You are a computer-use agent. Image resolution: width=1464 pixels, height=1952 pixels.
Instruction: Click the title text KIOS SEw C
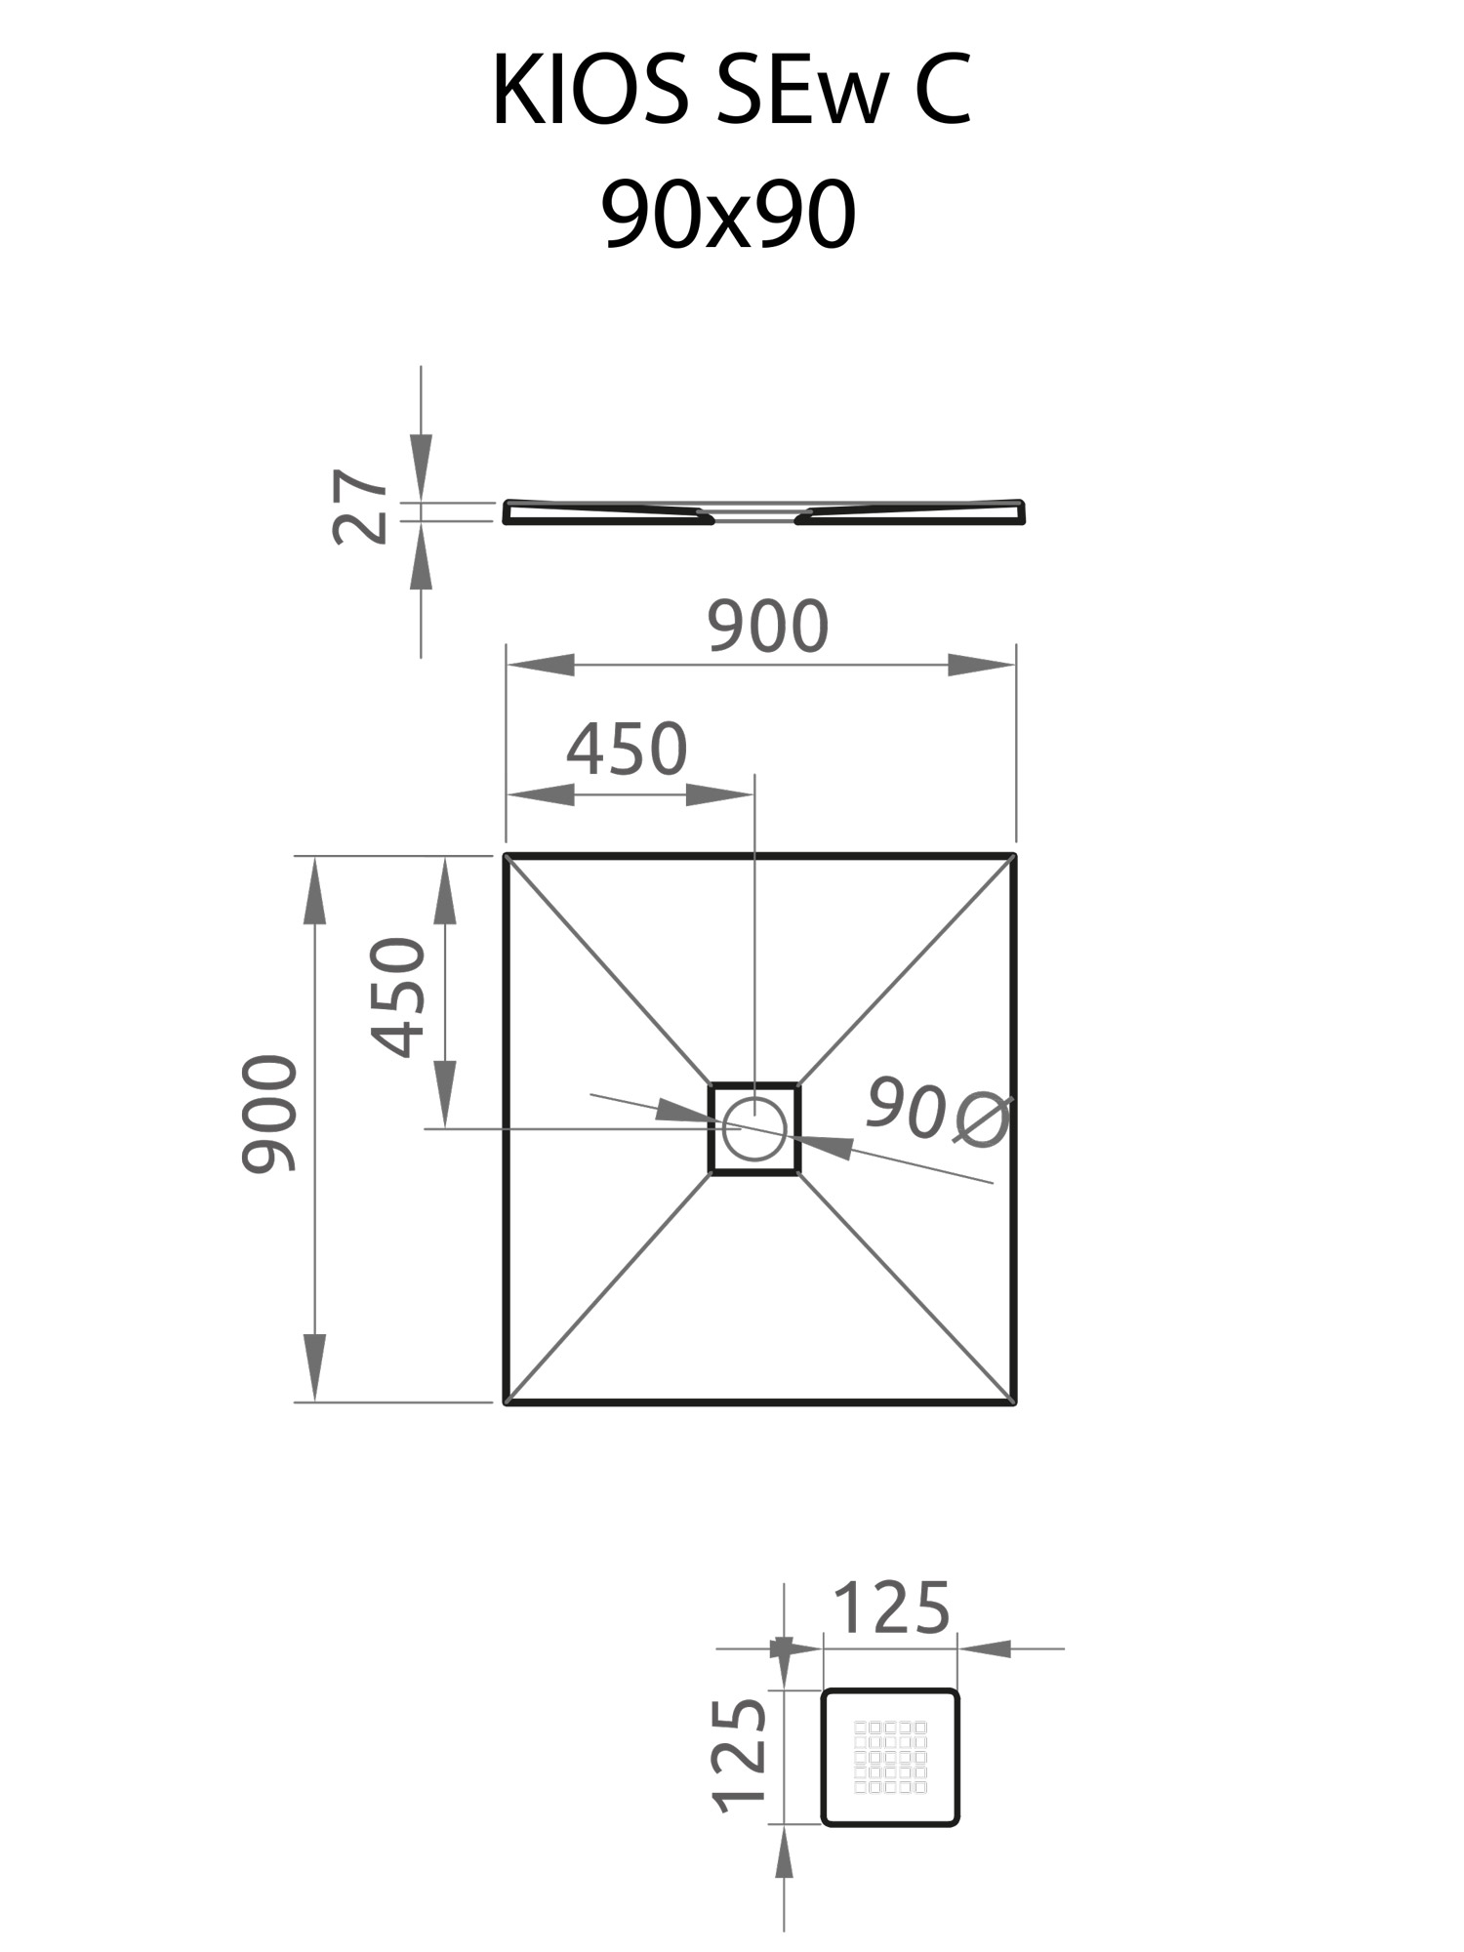(731, 91)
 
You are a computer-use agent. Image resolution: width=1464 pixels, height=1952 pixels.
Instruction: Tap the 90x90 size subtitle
(729, 216)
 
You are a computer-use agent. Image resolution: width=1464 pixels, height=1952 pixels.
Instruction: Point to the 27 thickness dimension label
(359, 506)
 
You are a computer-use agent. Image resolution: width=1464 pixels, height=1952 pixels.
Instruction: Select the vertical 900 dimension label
(268, 1113)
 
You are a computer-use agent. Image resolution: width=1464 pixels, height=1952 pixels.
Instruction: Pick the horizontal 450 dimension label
(628, 750)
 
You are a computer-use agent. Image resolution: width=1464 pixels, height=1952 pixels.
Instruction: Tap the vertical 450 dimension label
(398, 996)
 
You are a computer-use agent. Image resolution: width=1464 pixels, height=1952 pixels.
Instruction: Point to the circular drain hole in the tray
(754, 1128)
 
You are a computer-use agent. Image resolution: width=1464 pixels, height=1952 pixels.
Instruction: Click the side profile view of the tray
(764, 512)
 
